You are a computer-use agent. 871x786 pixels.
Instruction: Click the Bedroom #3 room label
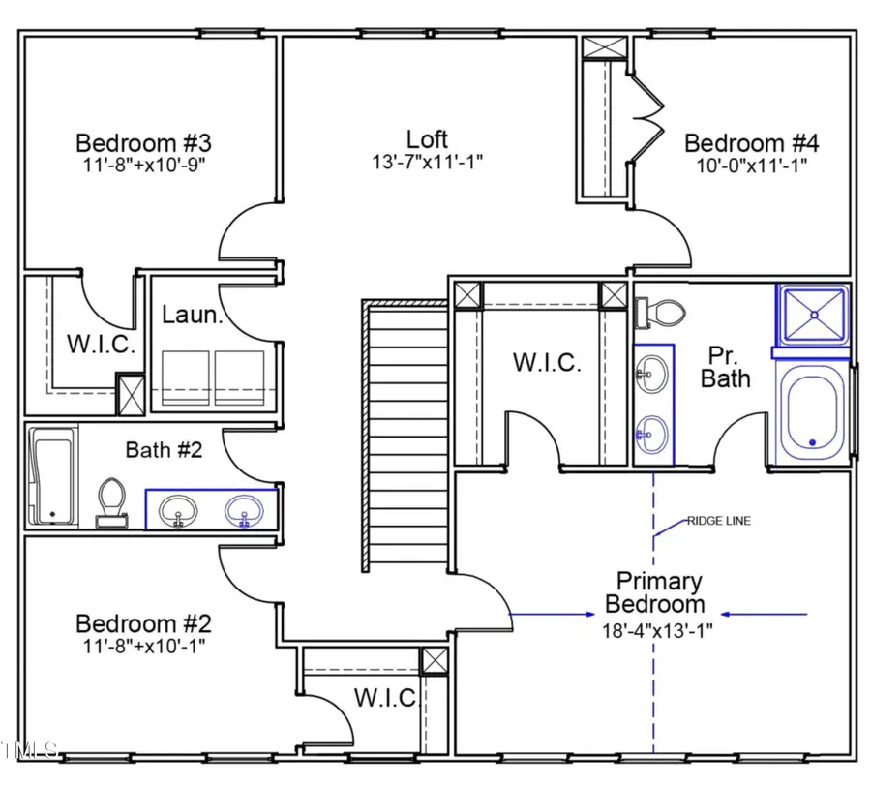tap(140, 143)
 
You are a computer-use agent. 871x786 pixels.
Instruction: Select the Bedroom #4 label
tap(751, 143)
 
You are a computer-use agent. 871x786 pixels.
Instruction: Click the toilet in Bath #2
tap(111, 502)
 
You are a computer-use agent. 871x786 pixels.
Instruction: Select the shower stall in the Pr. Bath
tap(810, 314)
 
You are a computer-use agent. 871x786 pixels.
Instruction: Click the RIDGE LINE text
tap(718, 521)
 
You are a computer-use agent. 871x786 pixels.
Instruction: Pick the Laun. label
tap(187, 314)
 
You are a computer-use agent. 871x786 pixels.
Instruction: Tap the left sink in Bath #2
tap(178, 509)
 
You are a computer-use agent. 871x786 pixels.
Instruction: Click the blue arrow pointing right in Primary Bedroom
tap(552, 614)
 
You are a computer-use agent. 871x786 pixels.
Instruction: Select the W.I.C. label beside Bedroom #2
tap(384, 697)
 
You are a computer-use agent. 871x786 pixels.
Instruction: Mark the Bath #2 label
tap(163, 450)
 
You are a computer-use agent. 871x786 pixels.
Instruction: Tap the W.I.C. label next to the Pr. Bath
tap(547, 363)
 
